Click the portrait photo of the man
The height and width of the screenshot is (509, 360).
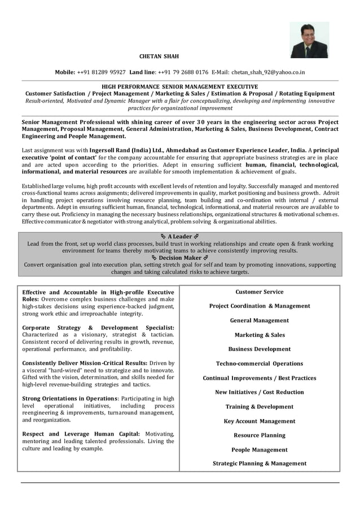[x=309, y=40]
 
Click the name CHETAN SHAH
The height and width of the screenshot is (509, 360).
[x=159, y=56]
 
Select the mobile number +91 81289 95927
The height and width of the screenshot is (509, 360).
[x=102, y=72]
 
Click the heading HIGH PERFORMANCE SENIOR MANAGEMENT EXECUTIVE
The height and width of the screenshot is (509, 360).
[x=180, y=86]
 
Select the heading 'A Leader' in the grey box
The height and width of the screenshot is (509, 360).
[x=180, y=236]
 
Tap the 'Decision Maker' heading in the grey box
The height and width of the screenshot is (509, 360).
[x=180, y=257]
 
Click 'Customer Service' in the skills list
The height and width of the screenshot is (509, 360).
[x=260, y=292]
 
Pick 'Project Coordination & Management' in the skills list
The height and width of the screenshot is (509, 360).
[x=260, y=306]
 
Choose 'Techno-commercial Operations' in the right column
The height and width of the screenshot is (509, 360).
[x=260, y=363]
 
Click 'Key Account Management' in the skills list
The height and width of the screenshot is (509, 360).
[x=260, y=421]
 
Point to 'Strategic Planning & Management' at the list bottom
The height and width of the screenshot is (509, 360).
[x=260, y=463]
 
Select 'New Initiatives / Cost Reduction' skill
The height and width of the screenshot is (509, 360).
[x=260, y=392]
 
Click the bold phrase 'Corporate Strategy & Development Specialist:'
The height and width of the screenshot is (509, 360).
[x=98, y=327]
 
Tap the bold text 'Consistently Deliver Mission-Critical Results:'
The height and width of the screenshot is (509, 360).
[x=85, y=363]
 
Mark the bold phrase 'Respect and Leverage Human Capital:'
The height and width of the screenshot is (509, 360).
[x=81, y=434]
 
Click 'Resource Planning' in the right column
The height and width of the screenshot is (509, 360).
[x=260, y=435]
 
